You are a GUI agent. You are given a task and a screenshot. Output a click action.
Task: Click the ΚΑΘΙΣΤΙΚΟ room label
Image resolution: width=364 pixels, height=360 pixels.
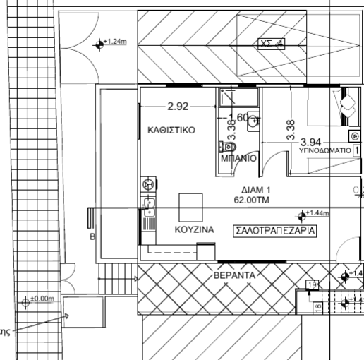(x=171, y=131)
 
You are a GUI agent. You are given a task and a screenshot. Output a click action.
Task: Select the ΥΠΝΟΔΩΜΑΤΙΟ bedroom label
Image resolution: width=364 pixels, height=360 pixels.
(x=325, y=151)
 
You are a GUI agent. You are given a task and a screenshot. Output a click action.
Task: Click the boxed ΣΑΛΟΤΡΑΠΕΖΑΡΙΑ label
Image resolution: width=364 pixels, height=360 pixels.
(x=273, y=230)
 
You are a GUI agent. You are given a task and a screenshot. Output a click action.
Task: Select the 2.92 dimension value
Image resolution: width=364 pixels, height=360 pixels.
(x=178, y=107)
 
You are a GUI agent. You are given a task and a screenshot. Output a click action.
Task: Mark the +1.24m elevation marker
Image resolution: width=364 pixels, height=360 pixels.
(x=99, y=44)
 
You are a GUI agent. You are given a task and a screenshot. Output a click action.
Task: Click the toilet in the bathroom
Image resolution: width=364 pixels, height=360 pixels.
(x=226, y=147)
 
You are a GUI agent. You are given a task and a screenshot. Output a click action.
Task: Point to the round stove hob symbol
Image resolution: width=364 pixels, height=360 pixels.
(x=148, y=184)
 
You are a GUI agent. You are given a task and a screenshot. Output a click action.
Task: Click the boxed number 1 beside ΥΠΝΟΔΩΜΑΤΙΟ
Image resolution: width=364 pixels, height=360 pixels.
(x=358, y=151)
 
